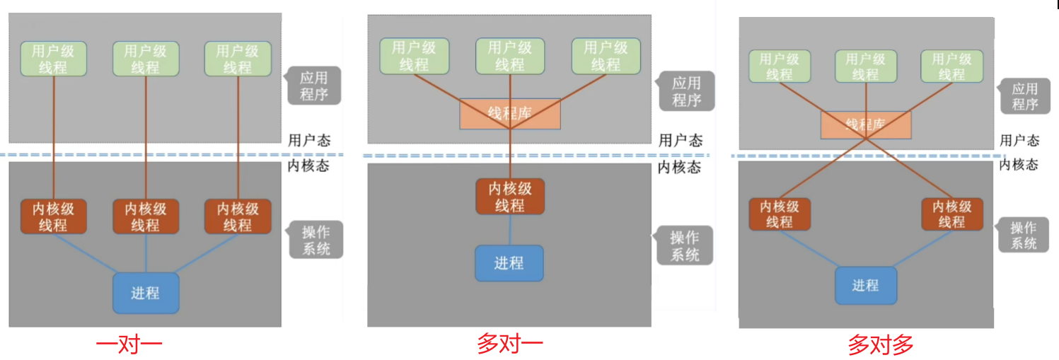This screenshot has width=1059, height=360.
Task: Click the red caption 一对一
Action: [129, 345]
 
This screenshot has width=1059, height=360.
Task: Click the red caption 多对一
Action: [510, 344]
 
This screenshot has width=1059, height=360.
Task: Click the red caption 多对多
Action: [881, 345]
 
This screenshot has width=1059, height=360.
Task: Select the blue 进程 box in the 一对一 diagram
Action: [146, 293]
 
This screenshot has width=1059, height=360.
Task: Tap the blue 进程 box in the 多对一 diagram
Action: [509, 263]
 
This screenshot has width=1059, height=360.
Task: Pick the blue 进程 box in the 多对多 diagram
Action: [866, 285]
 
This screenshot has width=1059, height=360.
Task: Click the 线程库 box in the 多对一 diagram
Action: [510, 114]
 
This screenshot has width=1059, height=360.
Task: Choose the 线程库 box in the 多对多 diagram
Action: [866, 124]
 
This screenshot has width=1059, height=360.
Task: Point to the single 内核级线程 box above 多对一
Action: [510, 197]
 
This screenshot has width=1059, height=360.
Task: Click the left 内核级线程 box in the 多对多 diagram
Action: [780, 214]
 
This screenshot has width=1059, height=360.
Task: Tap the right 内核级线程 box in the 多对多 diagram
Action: [951, 214]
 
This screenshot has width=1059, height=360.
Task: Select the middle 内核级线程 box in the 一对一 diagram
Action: [146, 216]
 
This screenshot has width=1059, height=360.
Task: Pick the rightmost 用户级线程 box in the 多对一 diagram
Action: [606, 56]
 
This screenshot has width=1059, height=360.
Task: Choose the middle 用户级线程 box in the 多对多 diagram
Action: [865, 66]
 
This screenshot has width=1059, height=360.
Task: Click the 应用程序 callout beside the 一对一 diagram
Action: [314, 86]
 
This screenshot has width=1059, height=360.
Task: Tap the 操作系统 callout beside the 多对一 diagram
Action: [684, 245]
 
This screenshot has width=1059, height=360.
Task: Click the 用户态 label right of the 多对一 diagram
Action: [681, 141]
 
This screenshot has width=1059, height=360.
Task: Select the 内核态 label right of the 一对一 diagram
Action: [309, 166]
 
